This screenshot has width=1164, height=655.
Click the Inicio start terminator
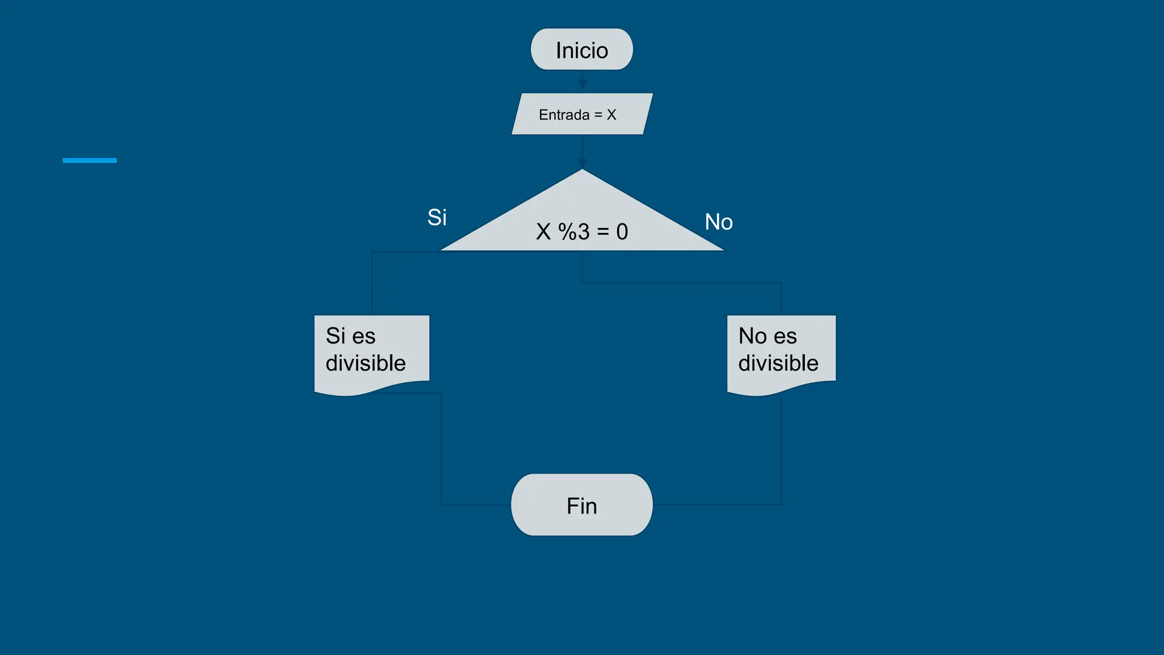[581, 49]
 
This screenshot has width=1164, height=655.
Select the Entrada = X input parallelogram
[582, 114]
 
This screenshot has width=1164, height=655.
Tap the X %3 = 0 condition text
[582, 231]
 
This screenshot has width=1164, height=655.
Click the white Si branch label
[436, 217]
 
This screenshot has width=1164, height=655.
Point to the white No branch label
[718, 222]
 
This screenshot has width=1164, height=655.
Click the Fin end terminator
[581, 505]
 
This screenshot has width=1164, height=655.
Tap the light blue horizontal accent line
[89, 160]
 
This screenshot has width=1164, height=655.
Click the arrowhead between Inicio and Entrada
[582, 84]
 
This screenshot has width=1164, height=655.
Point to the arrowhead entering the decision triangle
[582, 163]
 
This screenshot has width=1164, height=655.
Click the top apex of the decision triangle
[582, 171]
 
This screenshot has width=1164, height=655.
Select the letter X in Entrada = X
[612, 115]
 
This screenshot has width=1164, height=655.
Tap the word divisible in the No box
[778, 363]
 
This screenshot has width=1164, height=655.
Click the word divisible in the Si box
[365, 363]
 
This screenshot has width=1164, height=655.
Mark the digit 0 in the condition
[622, 232]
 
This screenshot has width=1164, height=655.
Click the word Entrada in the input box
[564, 115]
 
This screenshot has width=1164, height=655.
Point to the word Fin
[581, 506]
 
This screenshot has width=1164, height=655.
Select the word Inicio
[581, 51]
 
